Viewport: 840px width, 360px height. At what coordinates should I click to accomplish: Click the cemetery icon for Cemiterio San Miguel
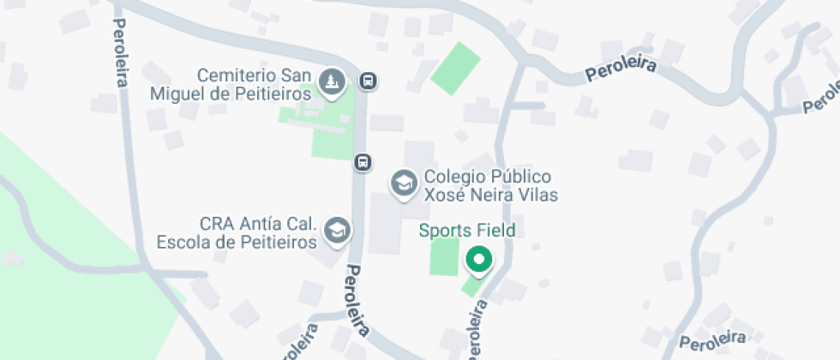point(331,82)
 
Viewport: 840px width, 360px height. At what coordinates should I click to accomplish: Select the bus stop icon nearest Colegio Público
point(363,162)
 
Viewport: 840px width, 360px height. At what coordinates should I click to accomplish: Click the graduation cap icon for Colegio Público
point(402,183)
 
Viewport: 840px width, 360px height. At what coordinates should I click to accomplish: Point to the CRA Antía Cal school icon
point(337,230)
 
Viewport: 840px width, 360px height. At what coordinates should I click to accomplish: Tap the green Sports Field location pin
point(477,260)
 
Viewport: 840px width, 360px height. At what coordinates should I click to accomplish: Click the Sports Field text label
point(466,230)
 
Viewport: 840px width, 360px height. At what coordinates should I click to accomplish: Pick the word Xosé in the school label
point(445,195)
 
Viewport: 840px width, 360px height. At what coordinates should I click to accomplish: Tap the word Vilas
point(538,195)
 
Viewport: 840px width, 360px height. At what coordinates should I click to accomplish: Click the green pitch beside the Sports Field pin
point(444,256)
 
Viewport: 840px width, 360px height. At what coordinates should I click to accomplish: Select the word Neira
point(492,195)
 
